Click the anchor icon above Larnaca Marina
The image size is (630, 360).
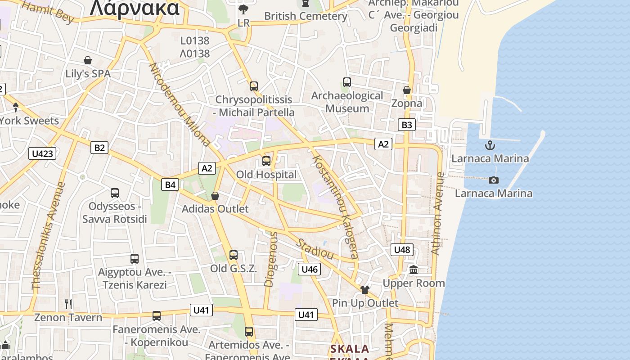490,145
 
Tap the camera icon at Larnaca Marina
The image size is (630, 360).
494,180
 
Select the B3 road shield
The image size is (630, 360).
406,125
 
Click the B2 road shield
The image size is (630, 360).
99,147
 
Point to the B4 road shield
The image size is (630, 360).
171,184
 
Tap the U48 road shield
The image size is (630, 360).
402,249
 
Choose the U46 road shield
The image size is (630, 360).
310,269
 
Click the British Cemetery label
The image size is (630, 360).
306,16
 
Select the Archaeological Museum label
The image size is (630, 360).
347,102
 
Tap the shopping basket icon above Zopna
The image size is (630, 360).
407,90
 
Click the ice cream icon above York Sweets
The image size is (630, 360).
16,107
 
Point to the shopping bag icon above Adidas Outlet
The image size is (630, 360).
215,196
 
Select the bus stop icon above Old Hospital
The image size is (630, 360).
266,161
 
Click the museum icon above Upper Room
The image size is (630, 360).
414,270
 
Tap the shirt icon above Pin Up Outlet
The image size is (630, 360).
365,289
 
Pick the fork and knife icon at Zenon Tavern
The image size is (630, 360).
68,304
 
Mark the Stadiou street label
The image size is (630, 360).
315,248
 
